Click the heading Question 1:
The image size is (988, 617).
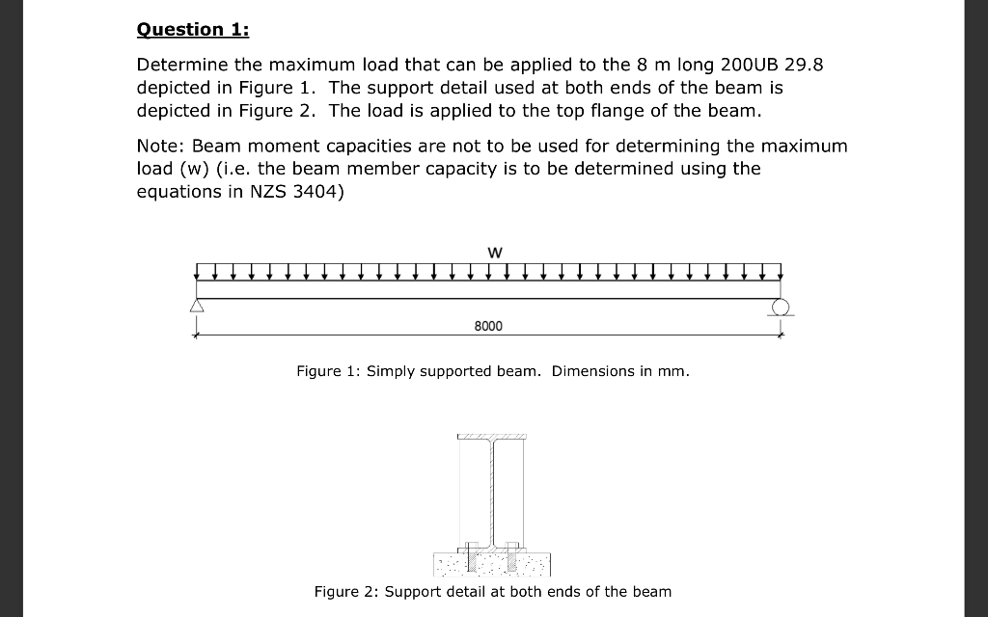193,29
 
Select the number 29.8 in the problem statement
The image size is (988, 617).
802,66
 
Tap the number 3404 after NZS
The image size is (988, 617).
316,191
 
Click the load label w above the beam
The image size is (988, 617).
494,252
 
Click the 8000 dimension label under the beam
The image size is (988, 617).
488,326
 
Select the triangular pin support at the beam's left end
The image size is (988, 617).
197,307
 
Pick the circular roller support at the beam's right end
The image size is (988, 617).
782,307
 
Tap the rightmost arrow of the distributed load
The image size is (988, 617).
779,270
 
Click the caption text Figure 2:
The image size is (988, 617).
346,591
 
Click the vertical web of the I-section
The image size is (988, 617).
492,492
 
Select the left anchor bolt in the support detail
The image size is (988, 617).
470,553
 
